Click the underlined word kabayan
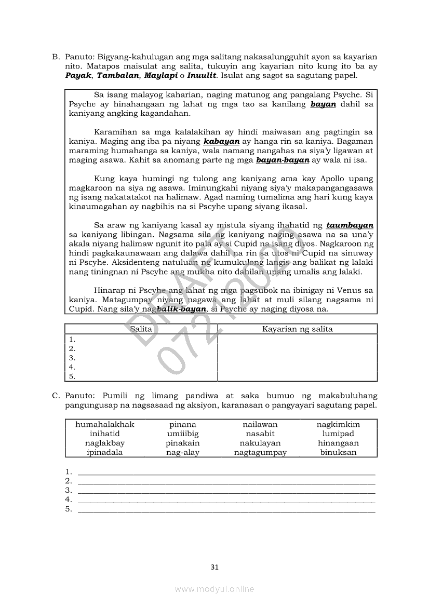click(222, 141)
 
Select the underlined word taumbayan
click(350, 225)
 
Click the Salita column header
click(141, 329)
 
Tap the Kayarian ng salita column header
click(297, 329)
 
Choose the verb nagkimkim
click(338, 425)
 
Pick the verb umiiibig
click(183, 434)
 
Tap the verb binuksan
click(338, 453)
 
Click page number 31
click(214, 567)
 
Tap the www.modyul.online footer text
click(214, 589)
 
